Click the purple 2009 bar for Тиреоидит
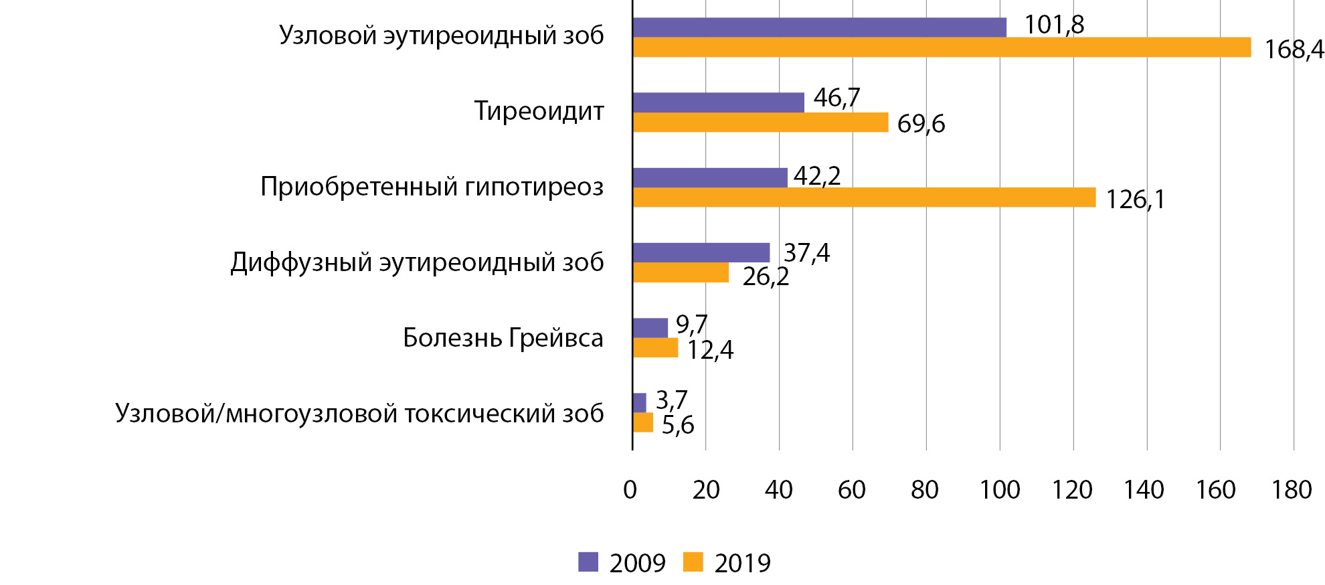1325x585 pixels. click(x=718, y=102)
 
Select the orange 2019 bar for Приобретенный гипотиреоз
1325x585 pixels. click(x=864, y=197)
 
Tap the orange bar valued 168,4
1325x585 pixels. click(x=942, y=48)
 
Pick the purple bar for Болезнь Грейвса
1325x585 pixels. click(x=650, y=328)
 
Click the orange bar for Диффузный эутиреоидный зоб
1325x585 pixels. click(x=681, y=272)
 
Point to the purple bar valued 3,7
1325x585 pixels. click(x=639, y=403)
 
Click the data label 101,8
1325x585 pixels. click(x=1054, y=25)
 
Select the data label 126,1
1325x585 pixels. click(x=1135, y=199)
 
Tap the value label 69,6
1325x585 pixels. click(x=921, y=124)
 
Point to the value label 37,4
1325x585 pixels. click(x=806, y=253)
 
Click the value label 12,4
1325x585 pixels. click(x=710, y=350)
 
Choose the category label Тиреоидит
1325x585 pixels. click(x=539, y=111)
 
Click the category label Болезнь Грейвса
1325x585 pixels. click(x=503, y=338)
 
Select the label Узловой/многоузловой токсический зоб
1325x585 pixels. click(x=359, y=414)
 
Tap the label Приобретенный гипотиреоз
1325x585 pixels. click(x=432, y=187)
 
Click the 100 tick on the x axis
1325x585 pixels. click(x=999, y=491)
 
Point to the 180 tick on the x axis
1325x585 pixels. click(x=1292, y=491)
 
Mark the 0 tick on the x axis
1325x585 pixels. click(x=630, y=491)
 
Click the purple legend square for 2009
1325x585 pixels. click(x=588, y=562)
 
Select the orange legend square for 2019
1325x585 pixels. click(x=693, y=562)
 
